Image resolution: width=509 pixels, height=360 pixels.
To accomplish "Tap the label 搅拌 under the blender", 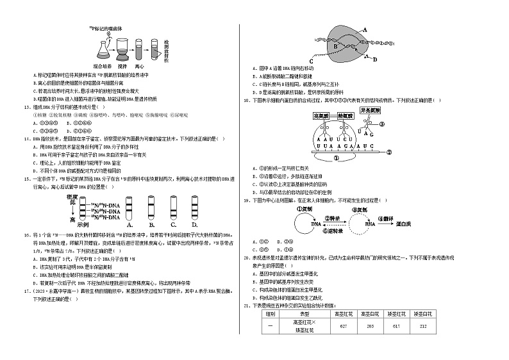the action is tap(123, 66).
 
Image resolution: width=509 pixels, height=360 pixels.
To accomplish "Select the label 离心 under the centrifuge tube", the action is tap(139, 66).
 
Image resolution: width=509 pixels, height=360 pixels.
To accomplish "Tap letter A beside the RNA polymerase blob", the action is tap(364, 29).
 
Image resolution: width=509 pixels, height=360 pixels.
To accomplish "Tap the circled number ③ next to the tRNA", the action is tap(387, 126).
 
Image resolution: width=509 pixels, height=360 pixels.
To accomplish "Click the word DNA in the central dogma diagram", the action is tap(316, 225).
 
